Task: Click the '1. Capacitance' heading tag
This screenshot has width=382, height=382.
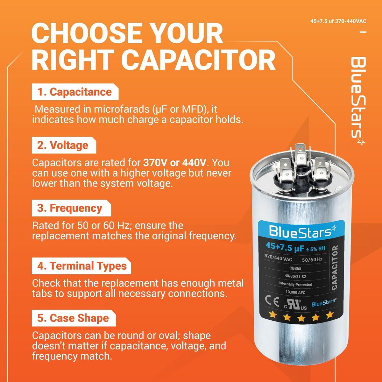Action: pyautogui.click(x=75, y=92)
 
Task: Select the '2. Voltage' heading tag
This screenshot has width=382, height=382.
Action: pyautogui.click(x=64, y=145)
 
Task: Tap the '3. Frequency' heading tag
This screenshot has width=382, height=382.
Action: pyautogui.click(x=71, y=208)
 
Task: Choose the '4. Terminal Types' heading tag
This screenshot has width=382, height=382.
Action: pyautogui.click(x=81, y=266)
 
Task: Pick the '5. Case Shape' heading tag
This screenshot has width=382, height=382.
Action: pyautogui.click(x=74, y=318)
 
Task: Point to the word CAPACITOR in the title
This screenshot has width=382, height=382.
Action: pyautogui.click(x=198, y=60)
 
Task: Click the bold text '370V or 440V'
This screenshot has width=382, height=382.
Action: pyautogui.click(x=175, y=163)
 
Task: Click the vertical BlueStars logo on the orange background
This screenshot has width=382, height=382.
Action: pyautogui.click(x=358, y=101)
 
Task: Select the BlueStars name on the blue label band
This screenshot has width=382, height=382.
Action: pyautogui.click(x=303, y=231)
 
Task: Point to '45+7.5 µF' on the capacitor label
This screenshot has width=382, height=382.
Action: pyautogui.click(x=285, y=247)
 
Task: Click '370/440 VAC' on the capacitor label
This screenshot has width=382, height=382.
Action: pyautogui.click(x=278, y=258)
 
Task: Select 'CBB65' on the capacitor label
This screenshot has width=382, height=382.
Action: pyautogui.click(x=295, y=268)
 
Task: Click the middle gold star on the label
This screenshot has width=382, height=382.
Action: pyautogui.click(x=301, y=318)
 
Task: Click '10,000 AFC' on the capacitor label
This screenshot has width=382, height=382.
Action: pyautogui.click(x=295, y=292)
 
